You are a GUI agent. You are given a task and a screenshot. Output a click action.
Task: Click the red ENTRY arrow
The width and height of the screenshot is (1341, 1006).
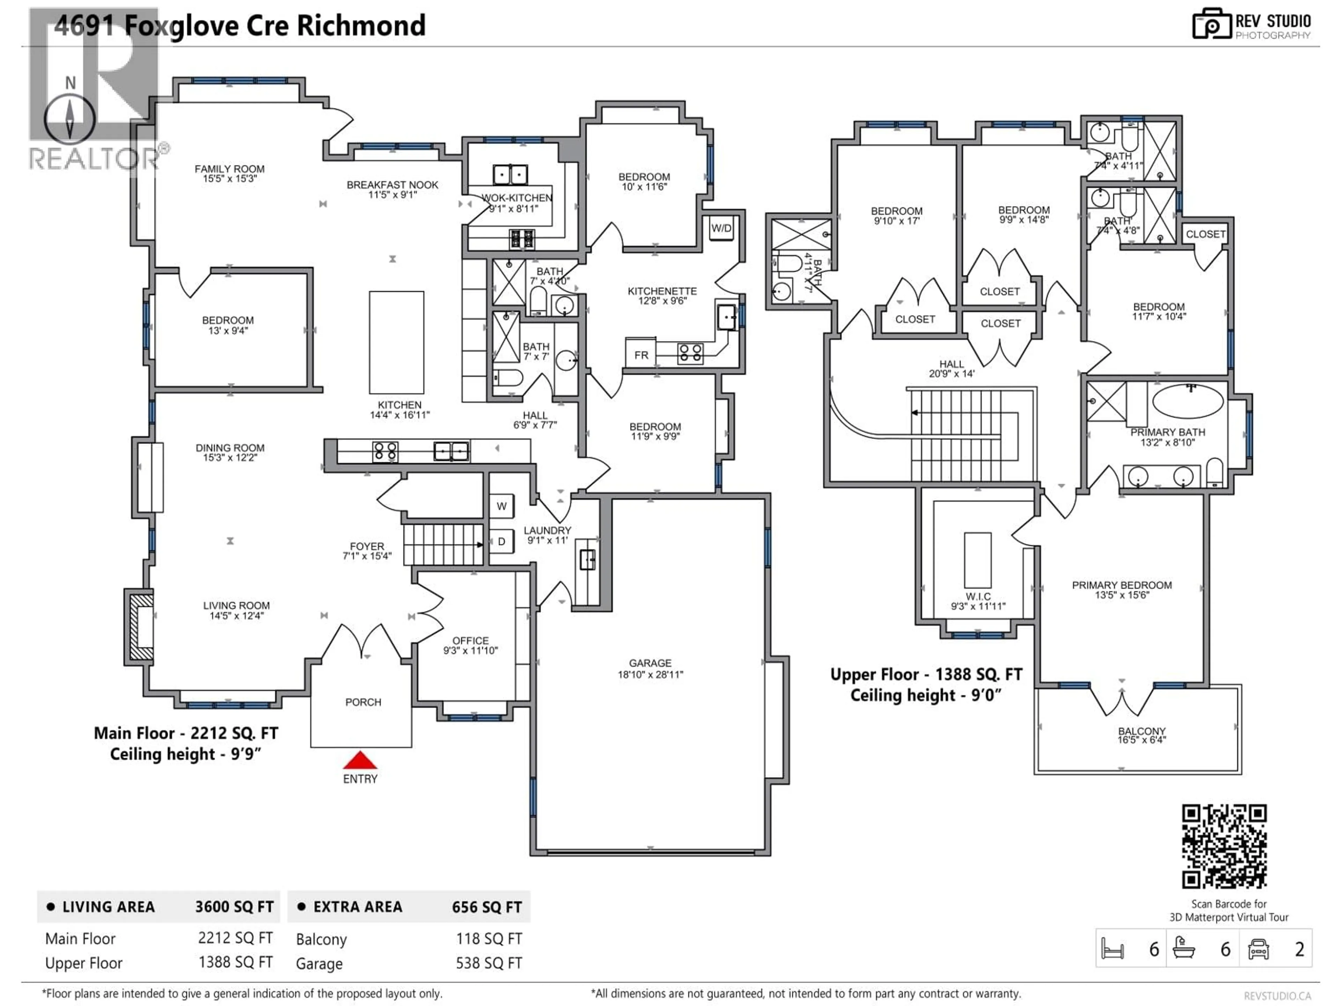click(360, 760)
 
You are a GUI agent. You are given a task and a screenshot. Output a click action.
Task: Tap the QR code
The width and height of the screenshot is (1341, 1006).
click(1224, 846)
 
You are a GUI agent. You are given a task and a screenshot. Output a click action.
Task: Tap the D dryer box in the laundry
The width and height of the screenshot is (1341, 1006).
click(501, 541)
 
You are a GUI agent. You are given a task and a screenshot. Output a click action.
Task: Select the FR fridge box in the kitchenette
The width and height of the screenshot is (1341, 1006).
click(641, 355)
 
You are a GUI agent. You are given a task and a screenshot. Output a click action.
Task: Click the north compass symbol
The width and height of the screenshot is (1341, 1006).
click(70, 119)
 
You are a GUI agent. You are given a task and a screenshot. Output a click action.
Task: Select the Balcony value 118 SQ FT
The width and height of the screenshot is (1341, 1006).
click(489, 939)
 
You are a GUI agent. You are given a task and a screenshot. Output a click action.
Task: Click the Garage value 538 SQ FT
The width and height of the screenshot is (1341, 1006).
click(489, 963)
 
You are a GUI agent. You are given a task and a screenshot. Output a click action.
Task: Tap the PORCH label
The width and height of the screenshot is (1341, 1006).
click(363, 702)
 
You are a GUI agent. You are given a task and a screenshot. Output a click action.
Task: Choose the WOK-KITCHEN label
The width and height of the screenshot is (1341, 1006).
click(516, 198)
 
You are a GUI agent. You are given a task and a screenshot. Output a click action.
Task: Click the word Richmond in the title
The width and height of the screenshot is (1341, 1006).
click(361, 26)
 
